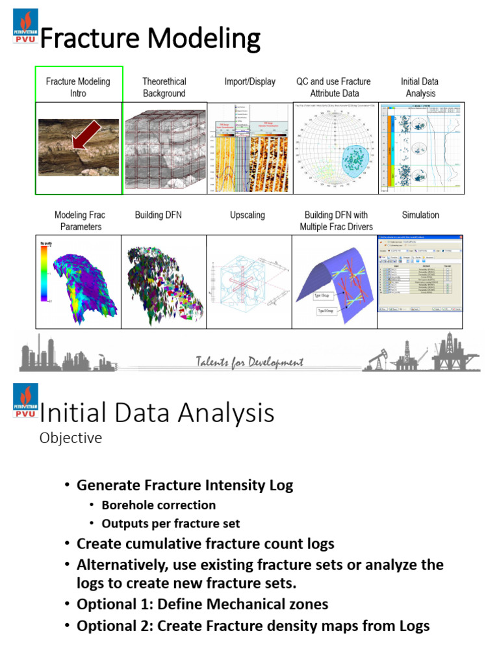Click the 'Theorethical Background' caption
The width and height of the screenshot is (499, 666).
(x=164, y=87)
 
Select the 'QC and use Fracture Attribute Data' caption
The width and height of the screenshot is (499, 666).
(x=334, y=87)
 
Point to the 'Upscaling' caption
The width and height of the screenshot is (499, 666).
(x=247, y=215)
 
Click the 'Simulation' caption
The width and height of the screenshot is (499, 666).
(x=420, y=215)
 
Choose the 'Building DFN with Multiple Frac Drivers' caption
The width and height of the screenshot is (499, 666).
(x=336, y=220)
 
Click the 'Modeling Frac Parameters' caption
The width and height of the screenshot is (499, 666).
(x=79, y=220)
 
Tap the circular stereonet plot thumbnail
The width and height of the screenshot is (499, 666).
(x=335, y=148)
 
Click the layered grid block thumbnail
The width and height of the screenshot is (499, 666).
(x=164, y=148)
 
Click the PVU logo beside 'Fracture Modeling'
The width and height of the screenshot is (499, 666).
(x=25, y=27)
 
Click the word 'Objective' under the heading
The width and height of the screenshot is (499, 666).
(x=71, y=438)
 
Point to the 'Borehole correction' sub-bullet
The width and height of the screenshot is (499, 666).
(x=159, y=505)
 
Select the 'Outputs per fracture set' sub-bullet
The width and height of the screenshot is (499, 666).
(x=171, y=523)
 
